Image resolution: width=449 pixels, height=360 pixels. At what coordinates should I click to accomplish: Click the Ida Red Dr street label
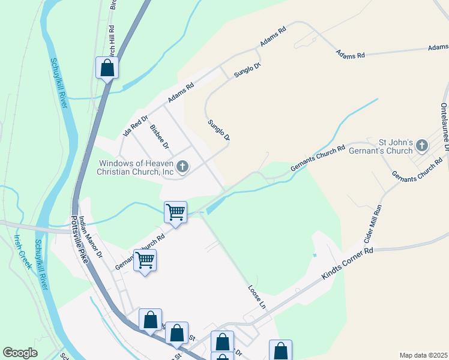[x=135, y=125]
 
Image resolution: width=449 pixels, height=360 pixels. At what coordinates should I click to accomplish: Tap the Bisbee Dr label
[x=160, y=137]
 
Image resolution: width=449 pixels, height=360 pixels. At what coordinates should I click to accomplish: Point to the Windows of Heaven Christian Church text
[x=136, y=167]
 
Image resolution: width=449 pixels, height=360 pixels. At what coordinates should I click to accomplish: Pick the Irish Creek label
[x=22, y=251]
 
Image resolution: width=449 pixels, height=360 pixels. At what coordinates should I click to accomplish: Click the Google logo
[x=20, y=353]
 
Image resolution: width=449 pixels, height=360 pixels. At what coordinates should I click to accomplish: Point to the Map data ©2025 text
[x=423, y=355]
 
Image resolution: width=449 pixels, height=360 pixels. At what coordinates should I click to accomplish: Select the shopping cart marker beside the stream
[x=175, y=211]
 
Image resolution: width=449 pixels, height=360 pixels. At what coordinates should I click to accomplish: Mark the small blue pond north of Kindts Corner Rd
[x=314, y=256]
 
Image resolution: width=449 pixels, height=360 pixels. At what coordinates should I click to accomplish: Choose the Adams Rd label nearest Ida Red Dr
[x=181, y=93]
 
